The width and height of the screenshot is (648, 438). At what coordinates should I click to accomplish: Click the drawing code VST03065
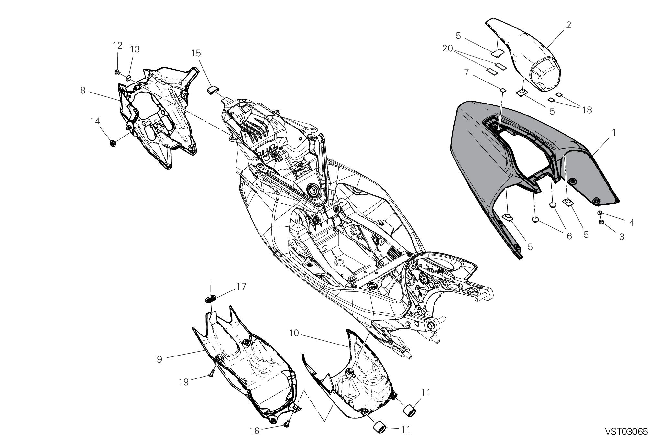(x=626, y=432)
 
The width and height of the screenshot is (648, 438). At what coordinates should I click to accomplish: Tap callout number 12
(x=117, y=46)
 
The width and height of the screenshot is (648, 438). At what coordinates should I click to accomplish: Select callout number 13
(x=135, y=49)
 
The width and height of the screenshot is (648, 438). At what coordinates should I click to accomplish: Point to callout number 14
(x=95, y=121)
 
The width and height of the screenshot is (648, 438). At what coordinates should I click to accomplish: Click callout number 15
(x=196, y=53)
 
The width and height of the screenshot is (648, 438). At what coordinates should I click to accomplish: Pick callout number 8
(x=83, y=90)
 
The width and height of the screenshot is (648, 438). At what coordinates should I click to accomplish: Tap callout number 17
(x=241, y=287)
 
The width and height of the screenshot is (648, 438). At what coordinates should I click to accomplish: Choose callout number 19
(x=183, y=382)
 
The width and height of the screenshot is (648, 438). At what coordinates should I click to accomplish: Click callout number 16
(x=255, y=431)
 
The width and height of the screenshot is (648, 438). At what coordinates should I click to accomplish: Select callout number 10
(x=294, y=333)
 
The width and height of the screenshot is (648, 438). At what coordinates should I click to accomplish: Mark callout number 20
(x=448, y=49)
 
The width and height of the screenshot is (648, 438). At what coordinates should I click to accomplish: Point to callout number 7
(x=466, y=72)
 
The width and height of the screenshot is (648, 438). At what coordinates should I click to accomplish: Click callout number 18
(x=587, y=110)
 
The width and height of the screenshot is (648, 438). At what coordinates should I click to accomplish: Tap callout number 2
(x=568, y=25)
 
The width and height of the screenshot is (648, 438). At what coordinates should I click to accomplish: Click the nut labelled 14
(x=113, y=143)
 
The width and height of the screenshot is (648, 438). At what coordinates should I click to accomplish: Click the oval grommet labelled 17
(x=211, y=297)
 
